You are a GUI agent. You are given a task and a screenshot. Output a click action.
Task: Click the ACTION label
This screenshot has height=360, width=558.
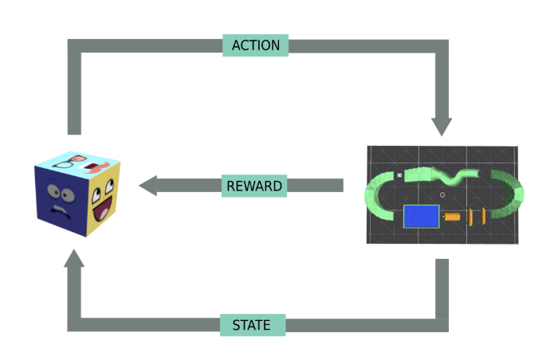coord(256,45)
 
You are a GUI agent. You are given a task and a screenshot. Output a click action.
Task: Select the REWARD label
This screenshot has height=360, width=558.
coord(254,186)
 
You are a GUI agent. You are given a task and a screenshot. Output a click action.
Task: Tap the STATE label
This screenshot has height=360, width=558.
coord(253,325)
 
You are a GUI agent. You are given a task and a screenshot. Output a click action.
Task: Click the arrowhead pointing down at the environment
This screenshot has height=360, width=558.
coord(442,126)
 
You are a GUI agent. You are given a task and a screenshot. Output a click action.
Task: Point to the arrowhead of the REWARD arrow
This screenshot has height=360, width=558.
coord(147,186)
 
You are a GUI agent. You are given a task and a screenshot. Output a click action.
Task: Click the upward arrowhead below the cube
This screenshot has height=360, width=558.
coord(74,259)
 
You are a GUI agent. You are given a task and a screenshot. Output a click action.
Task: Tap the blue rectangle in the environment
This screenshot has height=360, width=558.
coord(422,216)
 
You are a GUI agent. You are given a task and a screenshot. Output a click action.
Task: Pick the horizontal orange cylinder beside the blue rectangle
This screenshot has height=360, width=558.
coord(452,217)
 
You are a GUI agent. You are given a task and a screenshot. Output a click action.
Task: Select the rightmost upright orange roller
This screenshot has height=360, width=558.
coord(483,216)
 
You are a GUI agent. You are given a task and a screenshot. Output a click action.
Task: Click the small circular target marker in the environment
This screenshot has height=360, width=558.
coord(442,194)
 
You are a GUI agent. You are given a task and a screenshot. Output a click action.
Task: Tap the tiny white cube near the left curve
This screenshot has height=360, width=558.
coord(399,175)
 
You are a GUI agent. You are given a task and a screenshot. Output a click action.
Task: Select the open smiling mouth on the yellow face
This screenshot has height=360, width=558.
coord(103,209)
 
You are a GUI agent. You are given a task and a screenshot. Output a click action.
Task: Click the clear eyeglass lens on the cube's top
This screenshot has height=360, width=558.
coord(65,164)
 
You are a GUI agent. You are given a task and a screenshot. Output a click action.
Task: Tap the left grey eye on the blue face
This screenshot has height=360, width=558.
coord(53,190)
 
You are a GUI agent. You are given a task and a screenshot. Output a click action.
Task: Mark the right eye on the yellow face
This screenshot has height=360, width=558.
coord(110,184)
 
